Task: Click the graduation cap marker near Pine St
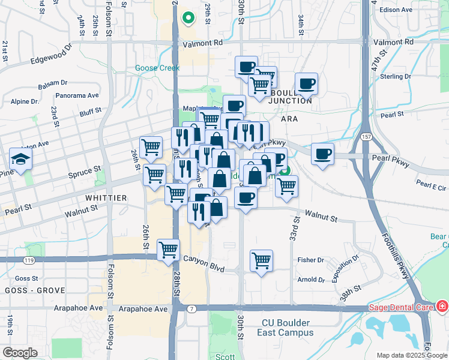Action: click(x=20, y=160)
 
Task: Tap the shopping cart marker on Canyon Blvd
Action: click(x=169, y=250)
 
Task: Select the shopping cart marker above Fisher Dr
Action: click(x=261, y=261)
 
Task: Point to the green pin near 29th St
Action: click(x=188, y=18)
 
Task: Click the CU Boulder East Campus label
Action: click(x=287, y=327)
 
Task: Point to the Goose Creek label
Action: click(x=157, y=68)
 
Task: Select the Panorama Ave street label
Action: click(x=76, y=95)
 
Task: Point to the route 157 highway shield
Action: click(x=365, y=137)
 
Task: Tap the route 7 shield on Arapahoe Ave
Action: click(x=191, y=308)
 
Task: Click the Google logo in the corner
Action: click(x=20, y=352)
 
